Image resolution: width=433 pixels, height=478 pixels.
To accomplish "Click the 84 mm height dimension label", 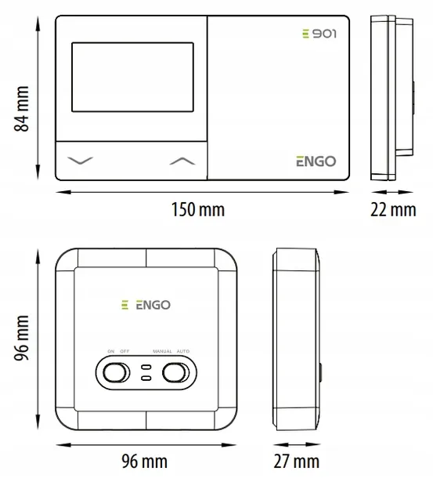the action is tap(22, 109).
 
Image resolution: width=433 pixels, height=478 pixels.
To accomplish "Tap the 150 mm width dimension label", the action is tap(198, 210).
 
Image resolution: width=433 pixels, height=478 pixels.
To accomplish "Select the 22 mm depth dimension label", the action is tap(393, 210).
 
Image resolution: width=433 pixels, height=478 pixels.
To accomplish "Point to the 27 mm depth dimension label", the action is tap(297, 461).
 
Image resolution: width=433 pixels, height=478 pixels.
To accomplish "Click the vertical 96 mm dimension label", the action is tap(22, 338).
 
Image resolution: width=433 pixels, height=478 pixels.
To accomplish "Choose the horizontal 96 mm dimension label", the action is tap(144, 461).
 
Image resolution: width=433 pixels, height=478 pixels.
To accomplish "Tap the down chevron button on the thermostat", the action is tap(80, 161).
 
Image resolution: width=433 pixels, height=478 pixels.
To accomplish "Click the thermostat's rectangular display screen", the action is tap(132, 77).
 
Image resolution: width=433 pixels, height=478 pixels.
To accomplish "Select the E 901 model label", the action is tap(319, 34).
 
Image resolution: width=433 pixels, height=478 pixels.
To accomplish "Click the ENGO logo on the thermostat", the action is tap(316, 161).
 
